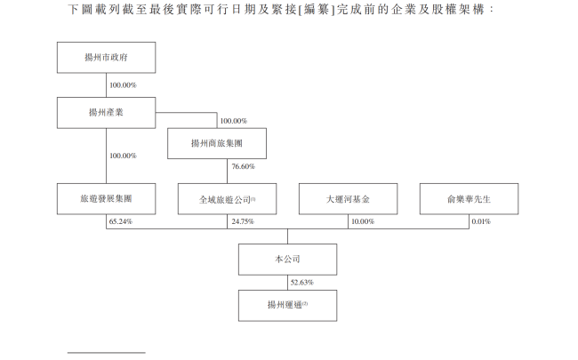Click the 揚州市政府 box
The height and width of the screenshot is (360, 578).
click(x=106, y=59)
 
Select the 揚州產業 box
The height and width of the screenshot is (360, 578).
click(x=106, y=112)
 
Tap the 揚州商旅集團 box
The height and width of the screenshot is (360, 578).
click(x=217, y=142)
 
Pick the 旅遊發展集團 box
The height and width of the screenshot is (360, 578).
click(x=106, y=199)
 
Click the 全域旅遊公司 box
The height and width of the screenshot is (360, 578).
click(x=227, y=199)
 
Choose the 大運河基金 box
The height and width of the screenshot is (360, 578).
click(x=348, y=199)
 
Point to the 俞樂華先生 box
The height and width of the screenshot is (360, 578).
click(x=469, y=199)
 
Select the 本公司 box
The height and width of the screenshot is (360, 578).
click(x=288, y=260)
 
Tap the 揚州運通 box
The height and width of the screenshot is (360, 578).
click(x=288, y=305)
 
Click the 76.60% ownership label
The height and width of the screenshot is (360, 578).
click(x=243, y=166)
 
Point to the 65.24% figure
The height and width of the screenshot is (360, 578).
click(x=121, y=220)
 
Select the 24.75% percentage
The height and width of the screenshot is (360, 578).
click(x=242, y=220)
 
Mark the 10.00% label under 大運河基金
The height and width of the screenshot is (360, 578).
click(x=363, y=220)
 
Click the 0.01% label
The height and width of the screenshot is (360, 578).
click(x=480, y=220)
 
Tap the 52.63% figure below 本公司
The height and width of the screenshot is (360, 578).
click(x=302, y=283)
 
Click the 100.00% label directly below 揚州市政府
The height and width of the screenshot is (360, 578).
click(x=123, y=85)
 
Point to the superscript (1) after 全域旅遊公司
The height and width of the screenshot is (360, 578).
click(x=253, y=196)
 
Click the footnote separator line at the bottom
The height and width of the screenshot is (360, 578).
click(x=106, y=353)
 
